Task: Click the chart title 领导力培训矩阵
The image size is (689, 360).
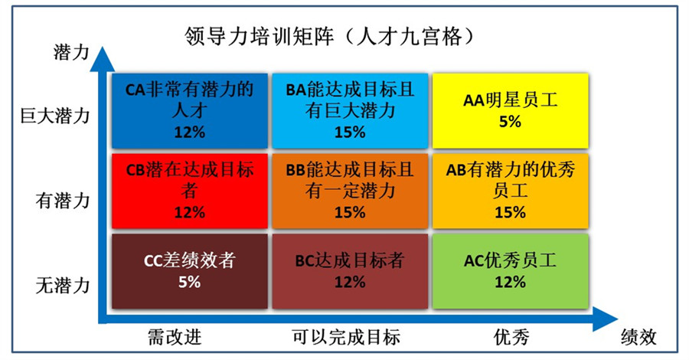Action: click(259, 37)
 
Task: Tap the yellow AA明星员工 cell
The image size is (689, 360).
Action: click(510, 111)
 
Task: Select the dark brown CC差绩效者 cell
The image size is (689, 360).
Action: click(189, 271)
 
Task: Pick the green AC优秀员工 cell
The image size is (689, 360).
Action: click(510, 271)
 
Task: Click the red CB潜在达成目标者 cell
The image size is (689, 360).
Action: click(189, 191)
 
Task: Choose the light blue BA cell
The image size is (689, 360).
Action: click(350, 111)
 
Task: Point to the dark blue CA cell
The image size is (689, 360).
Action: click(189, 111)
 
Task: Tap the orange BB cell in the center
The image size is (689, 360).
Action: click(350, 191)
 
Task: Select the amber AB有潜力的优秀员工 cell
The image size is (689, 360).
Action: click(510, 191)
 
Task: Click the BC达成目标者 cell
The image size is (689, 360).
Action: click(350, 271)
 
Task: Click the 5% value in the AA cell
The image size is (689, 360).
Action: click(510, 121)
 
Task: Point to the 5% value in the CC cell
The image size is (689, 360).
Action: click(189, 282)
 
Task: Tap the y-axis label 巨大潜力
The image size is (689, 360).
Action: click(55, 116)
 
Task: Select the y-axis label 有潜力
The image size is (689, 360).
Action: click(63, 201)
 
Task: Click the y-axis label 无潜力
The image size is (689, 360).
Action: click(63, 285)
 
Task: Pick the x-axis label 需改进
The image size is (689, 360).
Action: click(175, 337)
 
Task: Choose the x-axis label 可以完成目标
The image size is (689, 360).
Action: click(346, 337)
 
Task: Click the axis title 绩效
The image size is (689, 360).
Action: click(638, 337)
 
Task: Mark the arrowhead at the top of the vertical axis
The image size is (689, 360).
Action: click(103, 58)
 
